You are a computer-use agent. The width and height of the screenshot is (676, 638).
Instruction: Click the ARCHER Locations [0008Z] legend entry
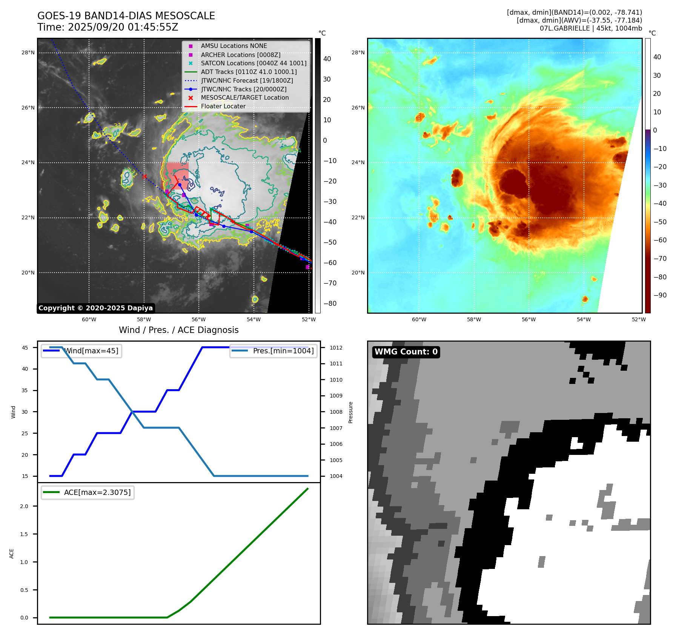click(x=240, y=55)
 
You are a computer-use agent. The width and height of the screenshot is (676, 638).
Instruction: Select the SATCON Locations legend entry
click(x=253, y=63)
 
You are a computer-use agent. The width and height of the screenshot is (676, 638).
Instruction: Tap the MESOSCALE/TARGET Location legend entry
click(x=244, y=98)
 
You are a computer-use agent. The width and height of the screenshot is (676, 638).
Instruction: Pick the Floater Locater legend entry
click(x=223, y=106)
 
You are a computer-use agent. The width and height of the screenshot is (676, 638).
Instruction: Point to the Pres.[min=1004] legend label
click(x=283, y=351)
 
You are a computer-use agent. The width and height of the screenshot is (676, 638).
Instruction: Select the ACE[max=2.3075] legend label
click(x=97, y=492)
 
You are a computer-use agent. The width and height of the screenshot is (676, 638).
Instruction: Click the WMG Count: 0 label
click(x=406, y=352)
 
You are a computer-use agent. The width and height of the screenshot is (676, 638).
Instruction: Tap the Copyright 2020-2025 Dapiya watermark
click(x=95, y=308)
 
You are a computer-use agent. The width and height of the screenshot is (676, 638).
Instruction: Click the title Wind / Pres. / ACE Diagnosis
click(x=178, y=330)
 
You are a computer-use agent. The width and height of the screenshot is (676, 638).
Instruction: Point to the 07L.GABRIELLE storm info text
click(x=590, y=28)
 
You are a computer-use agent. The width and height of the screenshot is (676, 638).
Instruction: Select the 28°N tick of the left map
click(x=28, y=52)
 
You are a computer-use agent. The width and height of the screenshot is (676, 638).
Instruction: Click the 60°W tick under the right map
click(x=419, y=319)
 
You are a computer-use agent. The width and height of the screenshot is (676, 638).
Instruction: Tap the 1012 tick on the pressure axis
click(x=336, y=348)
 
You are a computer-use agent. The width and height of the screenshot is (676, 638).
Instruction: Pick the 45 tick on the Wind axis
click(x=25, y=348)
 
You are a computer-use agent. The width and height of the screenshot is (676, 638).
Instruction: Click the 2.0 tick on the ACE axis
click(x=24, y=506)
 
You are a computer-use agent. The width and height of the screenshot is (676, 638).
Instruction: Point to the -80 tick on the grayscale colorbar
click(x=330, y=304)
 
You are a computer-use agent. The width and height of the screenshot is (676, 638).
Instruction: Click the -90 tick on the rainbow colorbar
click(x=660, y=295)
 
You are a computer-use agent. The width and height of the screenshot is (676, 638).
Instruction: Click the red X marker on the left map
click(x=144, y=176)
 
